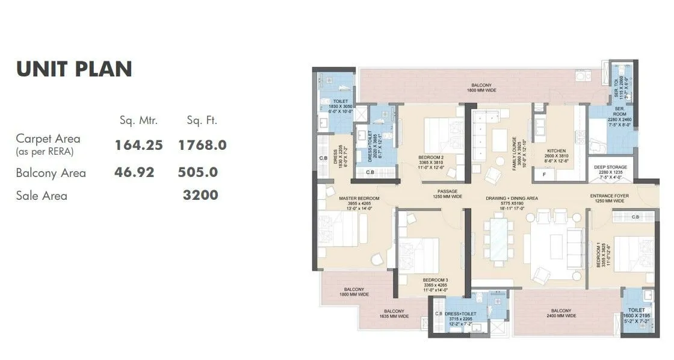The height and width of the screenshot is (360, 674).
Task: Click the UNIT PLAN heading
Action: click(x=74, y=69)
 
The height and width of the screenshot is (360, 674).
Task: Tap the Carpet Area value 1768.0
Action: click(x=202, y=145)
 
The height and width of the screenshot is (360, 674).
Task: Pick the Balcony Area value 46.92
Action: click(x=134, y=173)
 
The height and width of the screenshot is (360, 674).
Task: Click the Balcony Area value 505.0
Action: click(x=197, y=173)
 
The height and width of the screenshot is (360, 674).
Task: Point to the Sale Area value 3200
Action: click(x=200, y=195)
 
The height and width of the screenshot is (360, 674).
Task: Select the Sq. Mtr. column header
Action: click(x=138, y=120)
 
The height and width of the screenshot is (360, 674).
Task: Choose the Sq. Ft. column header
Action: click(x=202, y=120)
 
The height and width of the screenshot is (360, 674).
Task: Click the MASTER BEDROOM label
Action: click(x=359, y=199)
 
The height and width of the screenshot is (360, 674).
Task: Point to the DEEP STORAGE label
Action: click(x=610, y=167)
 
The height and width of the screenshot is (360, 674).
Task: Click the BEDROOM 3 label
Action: click(x=434, y=281)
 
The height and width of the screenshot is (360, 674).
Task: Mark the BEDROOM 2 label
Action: click(x=431, y=157)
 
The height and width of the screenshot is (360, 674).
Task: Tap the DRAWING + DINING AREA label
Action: click(x=512, y=198)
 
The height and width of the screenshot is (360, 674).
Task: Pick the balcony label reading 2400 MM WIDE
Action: click(x=561, y=312)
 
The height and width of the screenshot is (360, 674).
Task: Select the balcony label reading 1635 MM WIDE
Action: click(x=394, y=312)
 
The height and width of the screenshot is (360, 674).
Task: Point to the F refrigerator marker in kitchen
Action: click(x=545, y=174)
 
